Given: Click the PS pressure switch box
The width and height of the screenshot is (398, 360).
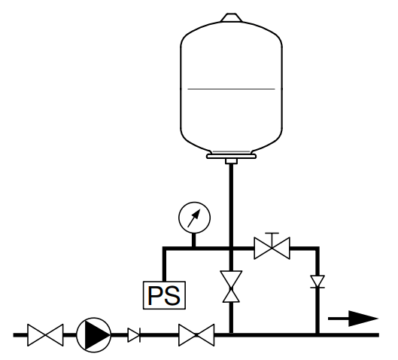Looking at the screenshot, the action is [164, 295].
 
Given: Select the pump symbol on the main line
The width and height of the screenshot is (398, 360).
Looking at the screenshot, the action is [93, 335].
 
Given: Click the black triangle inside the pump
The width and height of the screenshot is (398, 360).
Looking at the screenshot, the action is [98, 335].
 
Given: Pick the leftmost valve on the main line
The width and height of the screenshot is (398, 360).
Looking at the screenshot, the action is [45, 335].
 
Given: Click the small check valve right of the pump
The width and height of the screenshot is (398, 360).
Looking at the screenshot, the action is [134, 335].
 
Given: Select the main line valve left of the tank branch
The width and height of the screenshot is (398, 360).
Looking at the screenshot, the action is [196, 335].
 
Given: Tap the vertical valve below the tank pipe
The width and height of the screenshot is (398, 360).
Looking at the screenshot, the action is [231, 287].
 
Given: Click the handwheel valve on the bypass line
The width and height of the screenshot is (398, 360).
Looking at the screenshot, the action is [272, 248].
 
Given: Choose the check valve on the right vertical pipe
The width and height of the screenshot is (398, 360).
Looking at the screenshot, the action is [317, 282].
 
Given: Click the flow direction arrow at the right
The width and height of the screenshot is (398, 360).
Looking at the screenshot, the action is [353, 319].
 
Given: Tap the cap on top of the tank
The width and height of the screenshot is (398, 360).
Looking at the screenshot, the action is [231, 17].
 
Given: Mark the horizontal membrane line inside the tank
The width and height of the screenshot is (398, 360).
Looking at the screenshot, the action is [231, 89].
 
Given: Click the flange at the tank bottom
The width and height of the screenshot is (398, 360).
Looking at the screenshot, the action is [231, 156].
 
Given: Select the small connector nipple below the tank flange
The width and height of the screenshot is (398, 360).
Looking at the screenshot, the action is [231, 161].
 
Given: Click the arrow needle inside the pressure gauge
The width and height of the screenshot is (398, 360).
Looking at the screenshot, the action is [194, 218].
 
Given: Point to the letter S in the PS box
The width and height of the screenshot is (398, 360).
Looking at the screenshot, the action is [172, 295].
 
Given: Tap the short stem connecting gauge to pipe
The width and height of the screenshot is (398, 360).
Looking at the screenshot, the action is [193, 240].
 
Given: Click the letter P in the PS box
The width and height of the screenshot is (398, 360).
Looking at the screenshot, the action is [155, 295].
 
